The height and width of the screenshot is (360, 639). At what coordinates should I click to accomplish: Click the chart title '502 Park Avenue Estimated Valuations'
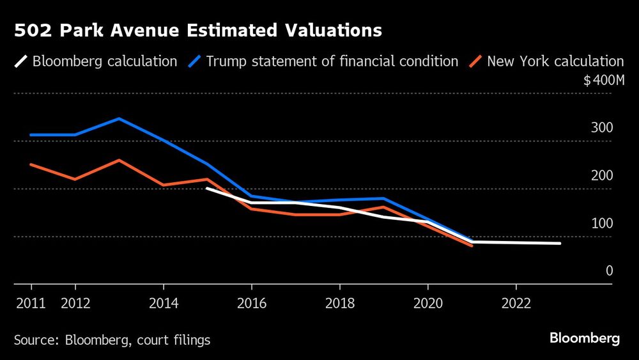pyautogui.click(x=197, y=30)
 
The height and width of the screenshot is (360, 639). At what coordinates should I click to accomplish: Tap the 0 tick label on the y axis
pyautogui.click(x=609, y=271)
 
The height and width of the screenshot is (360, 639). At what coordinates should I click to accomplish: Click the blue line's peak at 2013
pyautogui.click(x=119, y=119)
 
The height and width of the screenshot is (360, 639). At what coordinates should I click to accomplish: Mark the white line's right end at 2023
pyautogui.click(x=560, y=243)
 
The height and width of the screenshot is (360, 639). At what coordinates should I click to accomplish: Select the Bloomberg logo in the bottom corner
pyautogui.click(x=585, y=338)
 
